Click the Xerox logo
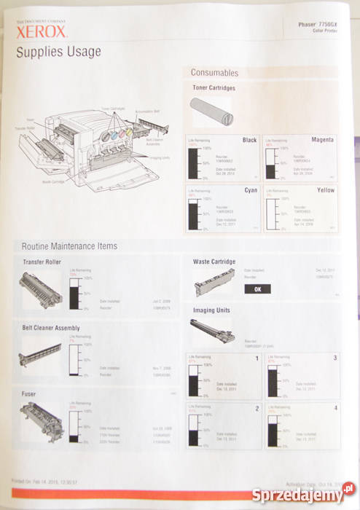tap(42, 33)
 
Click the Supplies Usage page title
tap(58, 52)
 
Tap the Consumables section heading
tap(214, 73)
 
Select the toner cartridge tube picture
tap(210, 113)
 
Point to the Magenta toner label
tap(322, 139)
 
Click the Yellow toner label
tap(325, 189)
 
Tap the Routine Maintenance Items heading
tap(69, 246)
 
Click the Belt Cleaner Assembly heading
tap(51, 328)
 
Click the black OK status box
tap(257, 289)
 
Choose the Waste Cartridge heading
tap(214, 261)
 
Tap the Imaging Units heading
tap(212, 310)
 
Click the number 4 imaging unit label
tap(335, 408)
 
